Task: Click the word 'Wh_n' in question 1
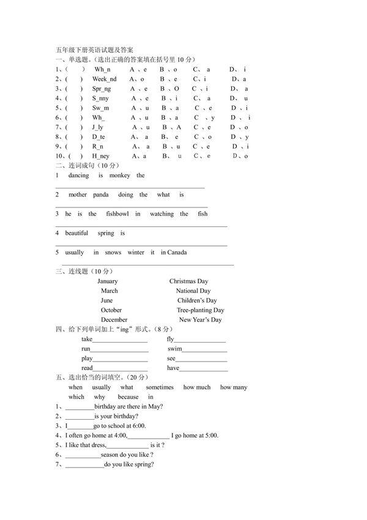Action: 102,70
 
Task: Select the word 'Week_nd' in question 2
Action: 104,79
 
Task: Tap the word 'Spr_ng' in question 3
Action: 102,89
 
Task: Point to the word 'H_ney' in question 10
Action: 101,156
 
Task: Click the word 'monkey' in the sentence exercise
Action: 120,176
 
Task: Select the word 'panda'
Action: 101,195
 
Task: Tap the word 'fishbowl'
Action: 117,214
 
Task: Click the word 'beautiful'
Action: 76,233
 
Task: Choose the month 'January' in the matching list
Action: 108,281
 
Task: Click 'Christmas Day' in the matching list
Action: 189,281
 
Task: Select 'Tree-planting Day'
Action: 200,310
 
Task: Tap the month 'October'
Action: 111,310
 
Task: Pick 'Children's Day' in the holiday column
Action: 197,300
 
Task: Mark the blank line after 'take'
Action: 120,340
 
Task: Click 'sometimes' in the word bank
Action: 160,387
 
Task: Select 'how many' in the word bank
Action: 234,387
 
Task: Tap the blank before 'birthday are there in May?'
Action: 80,407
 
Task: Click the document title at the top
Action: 90,50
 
